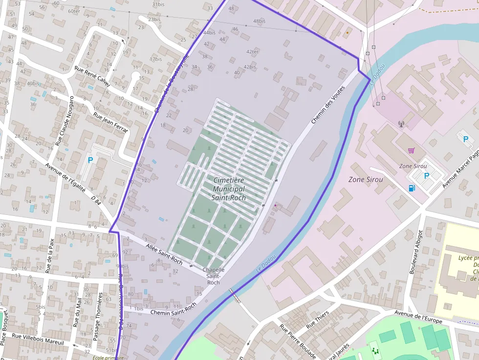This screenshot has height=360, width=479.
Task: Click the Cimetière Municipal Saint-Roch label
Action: (229, 189)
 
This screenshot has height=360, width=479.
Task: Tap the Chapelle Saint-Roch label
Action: (214, 276)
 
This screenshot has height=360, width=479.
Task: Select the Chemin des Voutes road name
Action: (328, 105)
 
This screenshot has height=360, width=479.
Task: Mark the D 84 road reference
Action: (96, 200)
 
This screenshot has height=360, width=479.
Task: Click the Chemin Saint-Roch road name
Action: (173, 309)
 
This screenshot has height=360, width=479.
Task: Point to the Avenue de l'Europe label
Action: (418, 318)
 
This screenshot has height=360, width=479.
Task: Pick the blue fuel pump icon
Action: (412, 188)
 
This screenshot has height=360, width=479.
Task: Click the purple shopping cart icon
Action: (411, 150)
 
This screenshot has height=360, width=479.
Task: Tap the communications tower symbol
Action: (401, 124)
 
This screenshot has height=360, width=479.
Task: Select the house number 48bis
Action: (259, 21)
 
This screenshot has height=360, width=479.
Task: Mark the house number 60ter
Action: (74, 11)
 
